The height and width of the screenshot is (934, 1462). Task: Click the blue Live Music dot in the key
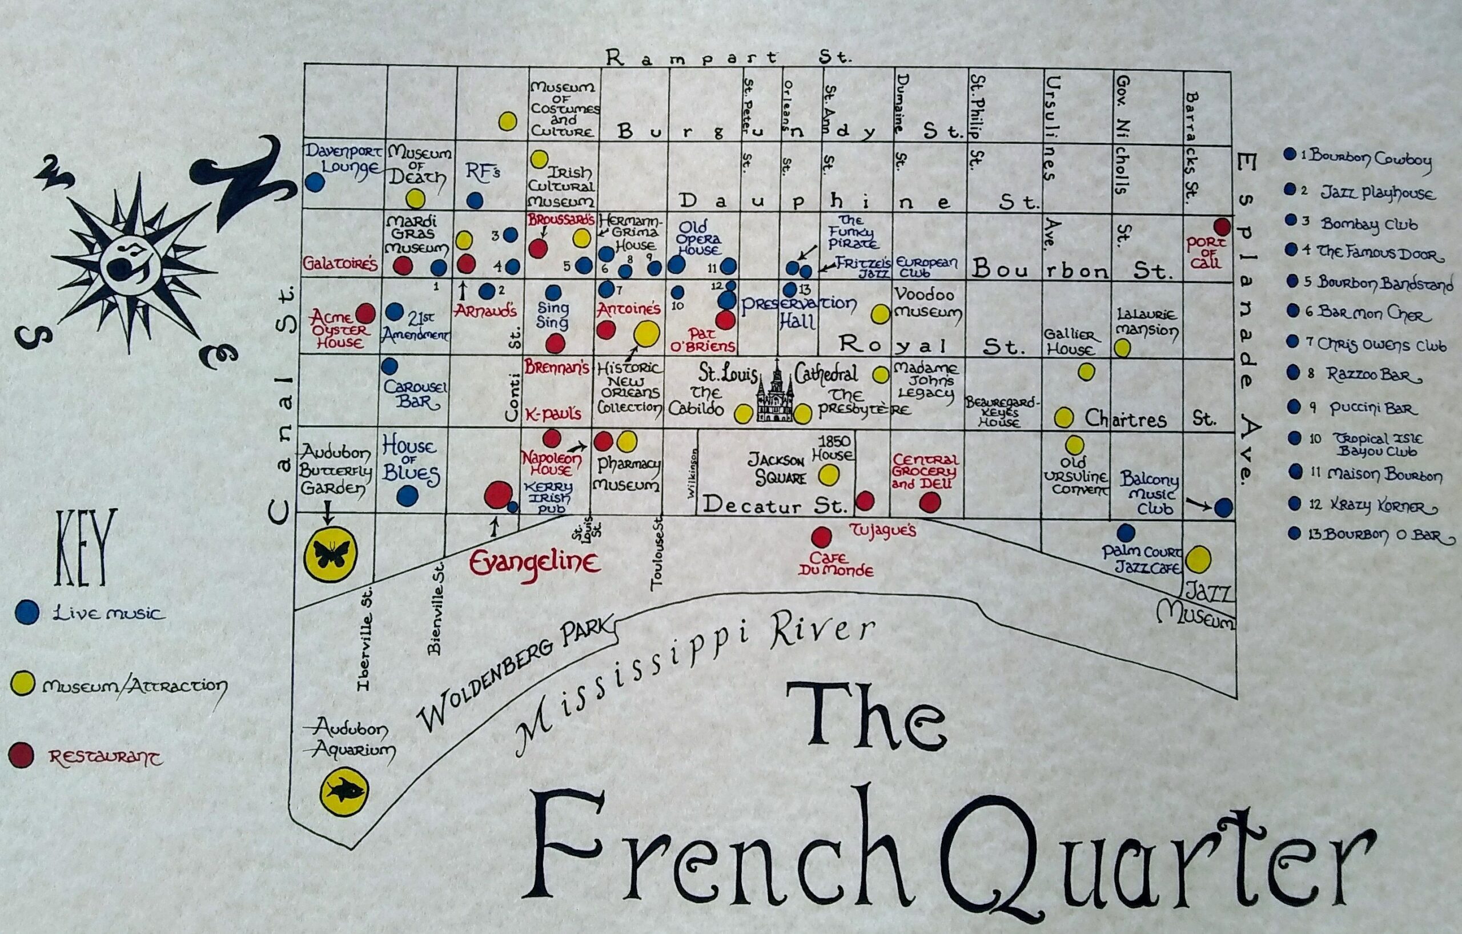[26, 613]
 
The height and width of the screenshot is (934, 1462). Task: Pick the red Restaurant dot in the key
[21, 756]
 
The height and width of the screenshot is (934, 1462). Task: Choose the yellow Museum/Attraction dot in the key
[22, 685]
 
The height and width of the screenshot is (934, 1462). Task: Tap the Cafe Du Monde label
[836, 565]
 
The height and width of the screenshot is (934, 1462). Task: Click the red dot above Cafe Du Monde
[821, 537]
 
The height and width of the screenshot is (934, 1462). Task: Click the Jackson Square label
[780, 469]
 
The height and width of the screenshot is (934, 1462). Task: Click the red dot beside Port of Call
[1222, 227]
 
